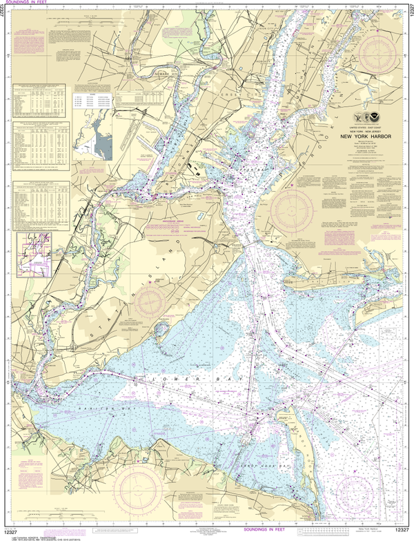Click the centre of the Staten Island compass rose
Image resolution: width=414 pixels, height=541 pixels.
click(x=151, y=302)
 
